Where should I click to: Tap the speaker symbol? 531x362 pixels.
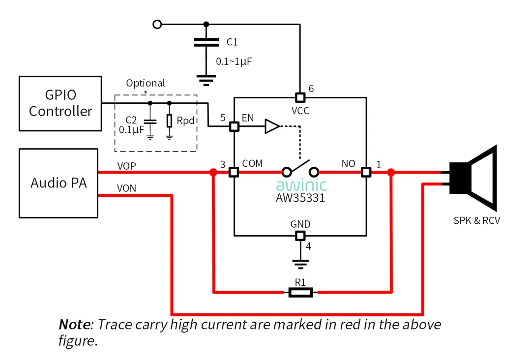(x=473, y=178)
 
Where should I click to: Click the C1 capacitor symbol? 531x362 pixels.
(x=206, y=42)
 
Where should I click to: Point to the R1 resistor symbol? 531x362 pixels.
(x=300, y=292)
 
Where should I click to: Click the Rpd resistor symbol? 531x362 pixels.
(x=169, y=121)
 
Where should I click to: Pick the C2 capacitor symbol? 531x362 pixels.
(x=150, y=121)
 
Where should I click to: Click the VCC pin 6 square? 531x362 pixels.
(x=300, y=97)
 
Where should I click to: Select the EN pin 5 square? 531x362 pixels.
(x=234, y=126)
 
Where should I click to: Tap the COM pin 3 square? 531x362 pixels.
(x=234, y=172)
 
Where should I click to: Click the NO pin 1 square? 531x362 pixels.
(x=366, y=172)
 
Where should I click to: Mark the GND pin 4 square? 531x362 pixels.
(x=300, y=236)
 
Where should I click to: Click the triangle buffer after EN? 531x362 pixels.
(x=272, y=126)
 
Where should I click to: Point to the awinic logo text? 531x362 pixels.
(x=301, y=185)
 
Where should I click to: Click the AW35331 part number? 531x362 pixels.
(x=300, y=198)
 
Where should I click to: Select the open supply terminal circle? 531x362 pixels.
(x=157, y=25)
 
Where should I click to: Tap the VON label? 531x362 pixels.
(x=126, y=188)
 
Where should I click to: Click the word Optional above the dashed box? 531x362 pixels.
(x=145, y=83)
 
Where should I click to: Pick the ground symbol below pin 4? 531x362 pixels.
(x=300, y=264)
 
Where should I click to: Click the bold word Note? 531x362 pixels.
(x=75, y=325)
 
